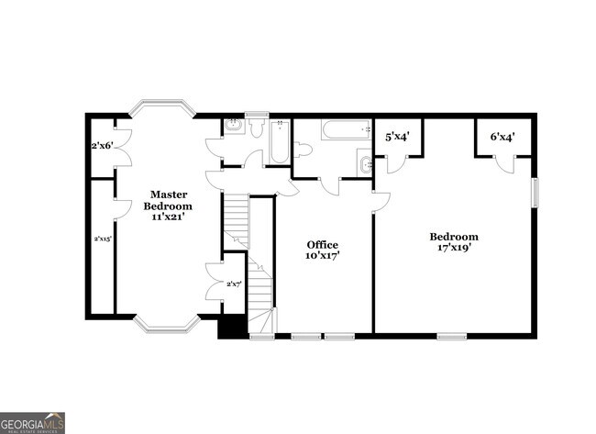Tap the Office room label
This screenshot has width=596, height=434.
tap(322, 250)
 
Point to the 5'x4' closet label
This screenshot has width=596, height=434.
tap(396, 137)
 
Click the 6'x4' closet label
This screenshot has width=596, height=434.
tap(502, 137)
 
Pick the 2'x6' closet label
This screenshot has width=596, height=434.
tap(101, 146)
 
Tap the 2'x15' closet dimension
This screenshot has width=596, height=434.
tap(102, 239)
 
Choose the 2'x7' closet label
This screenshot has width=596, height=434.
tap(233, 284)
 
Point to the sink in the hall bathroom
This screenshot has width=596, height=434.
tap(366, 166)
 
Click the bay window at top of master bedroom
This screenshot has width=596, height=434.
tap(161, 108)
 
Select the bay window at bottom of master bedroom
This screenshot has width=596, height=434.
tap(166, 325)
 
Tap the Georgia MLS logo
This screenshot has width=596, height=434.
tap(33, 422)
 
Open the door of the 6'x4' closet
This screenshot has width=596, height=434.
tap(505, 163)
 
